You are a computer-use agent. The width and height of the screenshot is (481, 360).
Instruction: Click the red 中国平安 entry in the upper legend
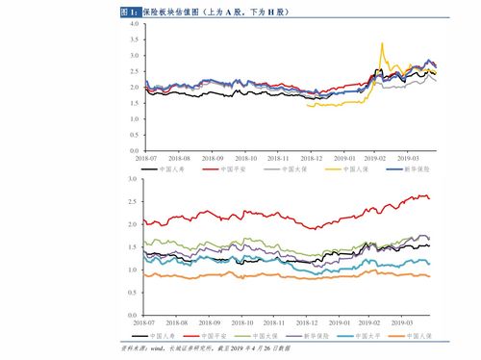[x=223, y=168]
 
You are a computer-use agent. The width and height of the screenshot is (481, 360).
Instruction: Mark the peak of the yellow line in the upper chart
[x=382, y=43]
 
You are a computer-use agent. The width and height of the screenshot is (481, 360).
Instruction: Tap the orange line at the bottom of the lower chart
[x=289, y=278]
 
